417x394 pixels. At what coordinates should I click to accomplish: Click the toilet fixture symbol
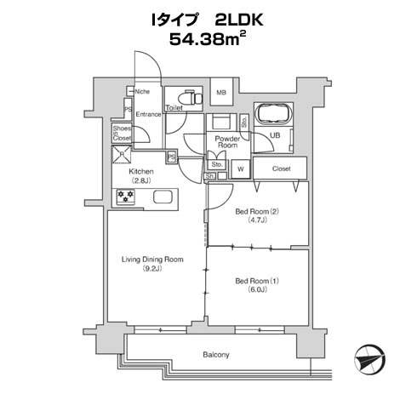click(191, 97)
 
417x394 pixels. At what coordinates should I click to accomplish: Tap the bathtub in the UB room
click(273, 114)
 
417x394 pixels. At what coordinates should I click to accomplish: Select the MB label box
click(221, 92)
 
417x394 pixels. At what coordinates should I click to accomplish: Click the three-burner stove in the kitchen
click(125, 197)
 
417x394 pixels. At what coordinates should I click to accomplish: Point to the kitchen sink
click(163, 197)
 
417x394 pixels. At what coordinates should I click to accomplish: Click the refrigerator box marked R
click(122, 154)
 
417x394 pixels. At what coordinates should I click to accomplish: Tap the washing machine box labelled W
click(241, 169)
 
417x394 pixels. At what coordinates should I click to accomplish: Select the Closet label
click(281, 168)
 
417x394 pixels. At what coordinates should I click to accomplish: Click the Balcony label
click(216, 355)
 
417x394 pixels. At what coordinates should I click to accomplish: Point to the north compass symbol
click(369, 359)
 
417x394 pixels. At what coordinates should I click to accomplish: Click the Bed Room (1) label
click(257, 281)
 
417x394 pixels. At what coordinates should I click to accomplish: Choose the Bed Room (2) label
click(257, 211)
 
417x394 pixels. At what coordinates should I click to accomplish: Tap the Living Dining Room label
click(152, 260)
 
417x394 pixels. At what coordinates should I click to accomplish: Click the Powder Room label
click(227, 142)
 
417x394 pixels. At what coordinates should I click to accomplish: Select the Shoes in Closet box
click(122, 133)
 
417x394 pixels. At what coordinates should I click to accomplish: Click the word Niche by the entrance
click(142, 92)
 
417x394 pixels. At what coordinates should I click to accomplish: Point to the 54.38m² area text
click(208, 38)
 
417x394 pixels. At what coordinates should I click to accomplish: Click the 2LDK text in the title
click(238, 20)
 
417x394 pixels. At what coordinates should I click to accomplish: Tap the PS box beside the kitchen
click(171, 157)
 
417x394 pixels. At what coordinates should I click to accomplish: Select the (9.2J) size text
click(152, 268)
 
